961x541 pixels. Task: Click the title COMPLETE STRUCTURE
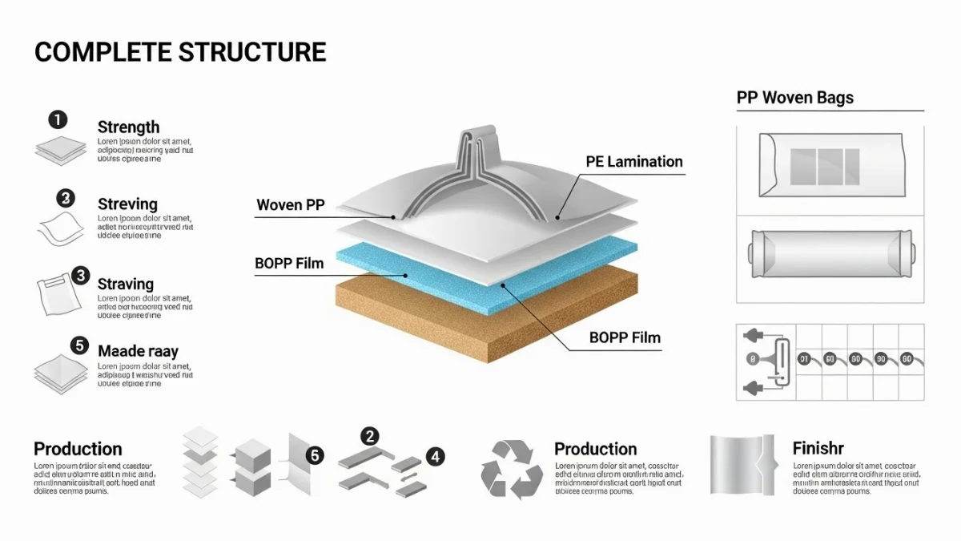180,52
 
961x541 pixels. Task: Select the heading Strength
128,127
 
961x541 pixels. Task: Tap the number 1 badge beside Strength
58,120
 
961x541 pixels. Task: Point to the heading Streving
127,204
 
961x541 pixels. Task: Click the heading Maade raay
138,351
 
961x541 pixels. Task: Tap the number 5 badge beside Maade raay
79,345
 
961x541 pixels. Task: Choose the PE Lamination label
634,162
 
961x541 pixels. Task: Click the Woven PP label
290,205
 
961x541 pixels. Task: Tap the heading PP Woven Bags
795,98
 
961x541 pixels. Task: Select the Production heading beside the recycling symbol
596,449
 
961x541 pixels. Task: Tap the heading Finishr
818,449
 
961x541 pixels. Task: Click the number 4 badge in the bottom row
435,457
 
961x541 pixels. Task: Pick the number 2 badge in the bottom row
370,437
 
